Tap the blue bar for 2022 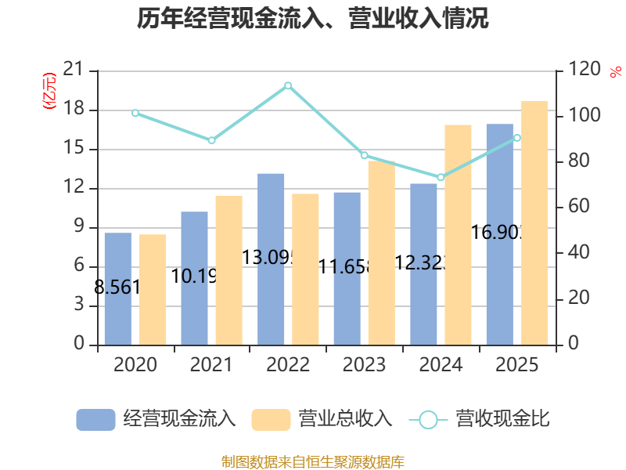pos(271,258)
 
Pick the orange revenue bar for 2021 pos(228,270)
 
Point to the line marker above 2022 pos(288,85)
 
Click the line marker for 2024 pos(441,177)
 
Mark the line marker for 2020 pos(135,113)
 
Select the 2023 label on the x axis pos(364,365)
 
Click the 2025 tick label pos(517,365)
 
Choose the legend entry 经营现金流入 pos(156,419)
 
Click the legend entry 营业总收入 pos(322,419)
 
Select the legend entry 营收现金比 pos(479,419)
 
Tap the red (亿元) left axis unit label pos(49,90)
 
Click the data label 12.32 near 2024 pos(422,263)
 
